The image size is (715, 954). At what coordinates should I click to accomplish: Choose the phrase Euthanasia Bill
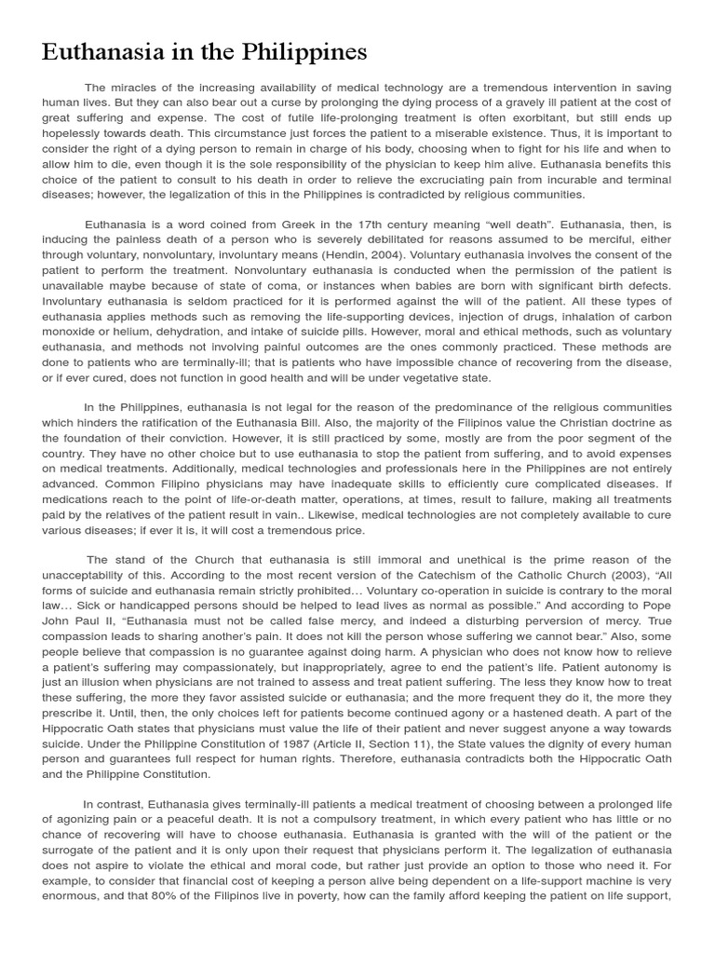[x=317, y=422]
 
